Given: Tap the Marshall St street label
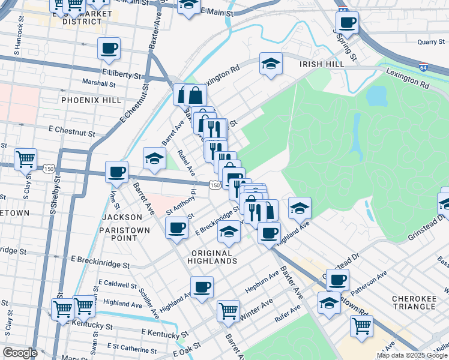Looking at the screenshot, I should click(98, 83).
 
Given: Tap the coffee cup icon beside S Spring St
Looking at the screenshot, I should click(346, 23).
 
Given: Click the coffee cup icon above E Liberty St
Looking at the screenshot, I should click(109, 48).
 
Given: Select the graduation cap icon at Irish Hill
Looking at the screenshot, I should click(271, 64).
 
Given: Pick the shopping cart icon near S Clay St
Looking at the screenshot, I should click(25, 160).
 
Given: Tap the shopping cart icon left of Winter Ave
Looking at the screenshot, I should click(228, 310).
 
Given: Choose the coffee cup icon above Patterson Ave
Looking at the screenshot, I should click(337, 279).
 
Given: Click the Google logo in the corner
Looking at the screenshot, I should click(20, 353).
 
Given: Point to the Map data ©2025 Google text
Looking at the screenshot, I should click(412, 355).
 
